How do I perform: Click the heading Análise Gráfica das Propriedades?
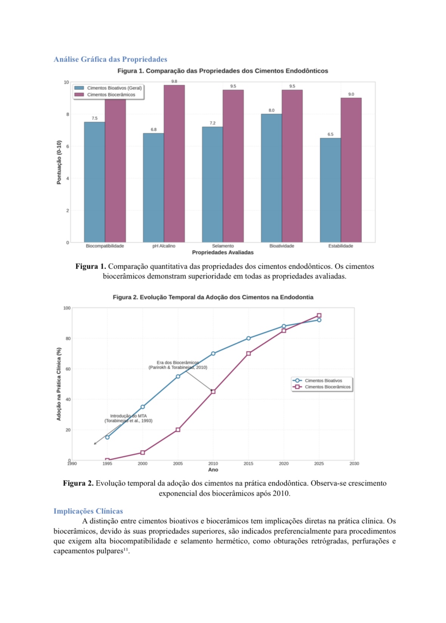110,59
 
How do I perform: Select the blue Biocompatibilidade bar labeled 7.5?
95,181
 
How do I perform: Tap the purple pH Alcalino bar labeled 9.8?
174,162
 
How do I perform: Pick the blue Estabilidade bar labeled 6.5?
330,189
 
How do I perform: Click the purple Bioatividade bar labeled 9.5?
292,166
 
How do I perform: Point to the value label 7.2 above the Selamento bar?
213,123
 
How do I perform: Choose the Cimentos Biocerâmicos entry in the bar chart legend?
111,95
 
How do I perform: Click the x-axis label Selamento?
223,246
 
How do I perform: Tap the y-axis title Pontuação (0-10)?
59,162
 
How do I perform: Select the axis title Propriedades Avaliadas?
223,252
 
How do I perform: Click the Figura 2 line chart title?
213,297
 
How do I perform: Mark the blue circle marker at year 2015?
249,339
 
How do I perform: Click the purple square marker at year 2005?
178,430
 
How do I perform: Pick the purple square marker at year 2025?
319,315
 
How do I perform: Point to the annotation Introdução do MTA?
129,416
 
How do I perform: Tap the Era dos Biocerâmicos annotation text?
177,363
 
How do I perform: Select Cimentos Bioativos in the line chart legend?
323,381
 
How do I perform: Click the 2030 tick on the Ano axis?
354,464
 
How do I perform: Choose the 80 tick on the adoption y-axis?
68,339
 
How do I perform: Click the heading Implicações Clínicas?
88,511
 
